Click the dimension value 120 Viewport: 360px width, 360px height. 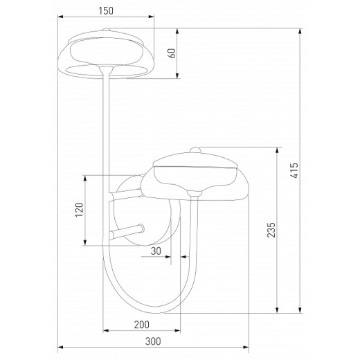tap(79, 210)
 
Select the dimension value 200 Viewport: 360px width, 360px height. tap(141, 324)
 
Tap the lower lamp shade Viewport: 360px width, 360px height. tap(197, 177)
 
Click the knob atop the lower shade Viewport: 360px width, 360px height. tap(197, 150)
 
